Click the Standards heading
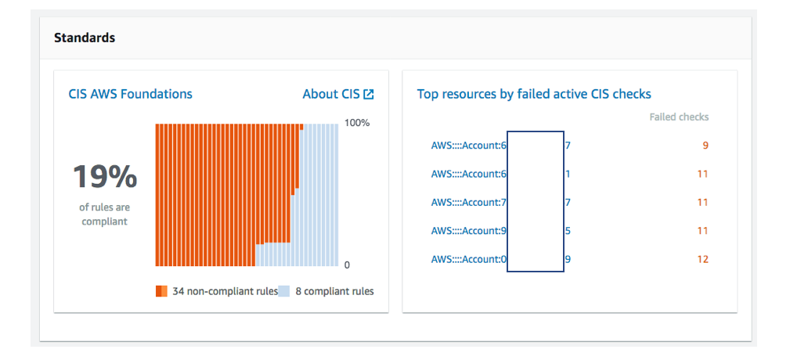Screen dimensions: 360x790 85,38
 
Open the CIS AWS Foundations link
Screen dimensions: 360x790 130,94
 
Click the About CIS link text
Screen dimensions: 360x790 331,94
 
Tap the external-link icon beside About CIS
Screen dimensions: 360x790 369,94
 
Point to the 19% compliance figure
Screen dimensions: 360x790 105,178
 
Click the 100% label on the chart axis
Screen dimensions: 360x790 357,123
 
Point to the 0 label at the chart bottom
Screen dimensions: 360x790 347,265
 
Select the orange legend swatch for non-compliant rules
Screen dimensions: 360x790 161,291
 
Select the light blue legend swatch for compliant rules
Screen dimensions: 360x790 284,291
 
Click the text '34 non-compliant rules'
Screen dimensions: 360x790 225,291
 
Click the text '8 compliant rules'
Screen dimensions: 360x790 334,291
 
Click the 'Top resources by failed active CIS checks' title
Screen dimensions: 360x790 534,94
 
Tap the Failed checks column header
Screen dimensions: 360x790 679,117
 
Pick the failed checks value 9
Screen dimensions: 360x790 705,145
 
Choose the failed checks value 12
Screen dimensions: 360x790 702,259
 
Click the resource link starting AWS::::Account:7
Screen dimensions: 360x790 468,202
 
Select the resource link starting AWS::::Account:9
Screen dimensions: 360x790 468,231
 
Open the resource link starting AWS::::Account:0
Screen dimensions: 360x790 468,259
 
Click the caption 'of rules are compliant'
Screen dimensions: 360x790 105,214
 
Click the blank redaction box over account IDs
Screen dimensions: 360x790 536,201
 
